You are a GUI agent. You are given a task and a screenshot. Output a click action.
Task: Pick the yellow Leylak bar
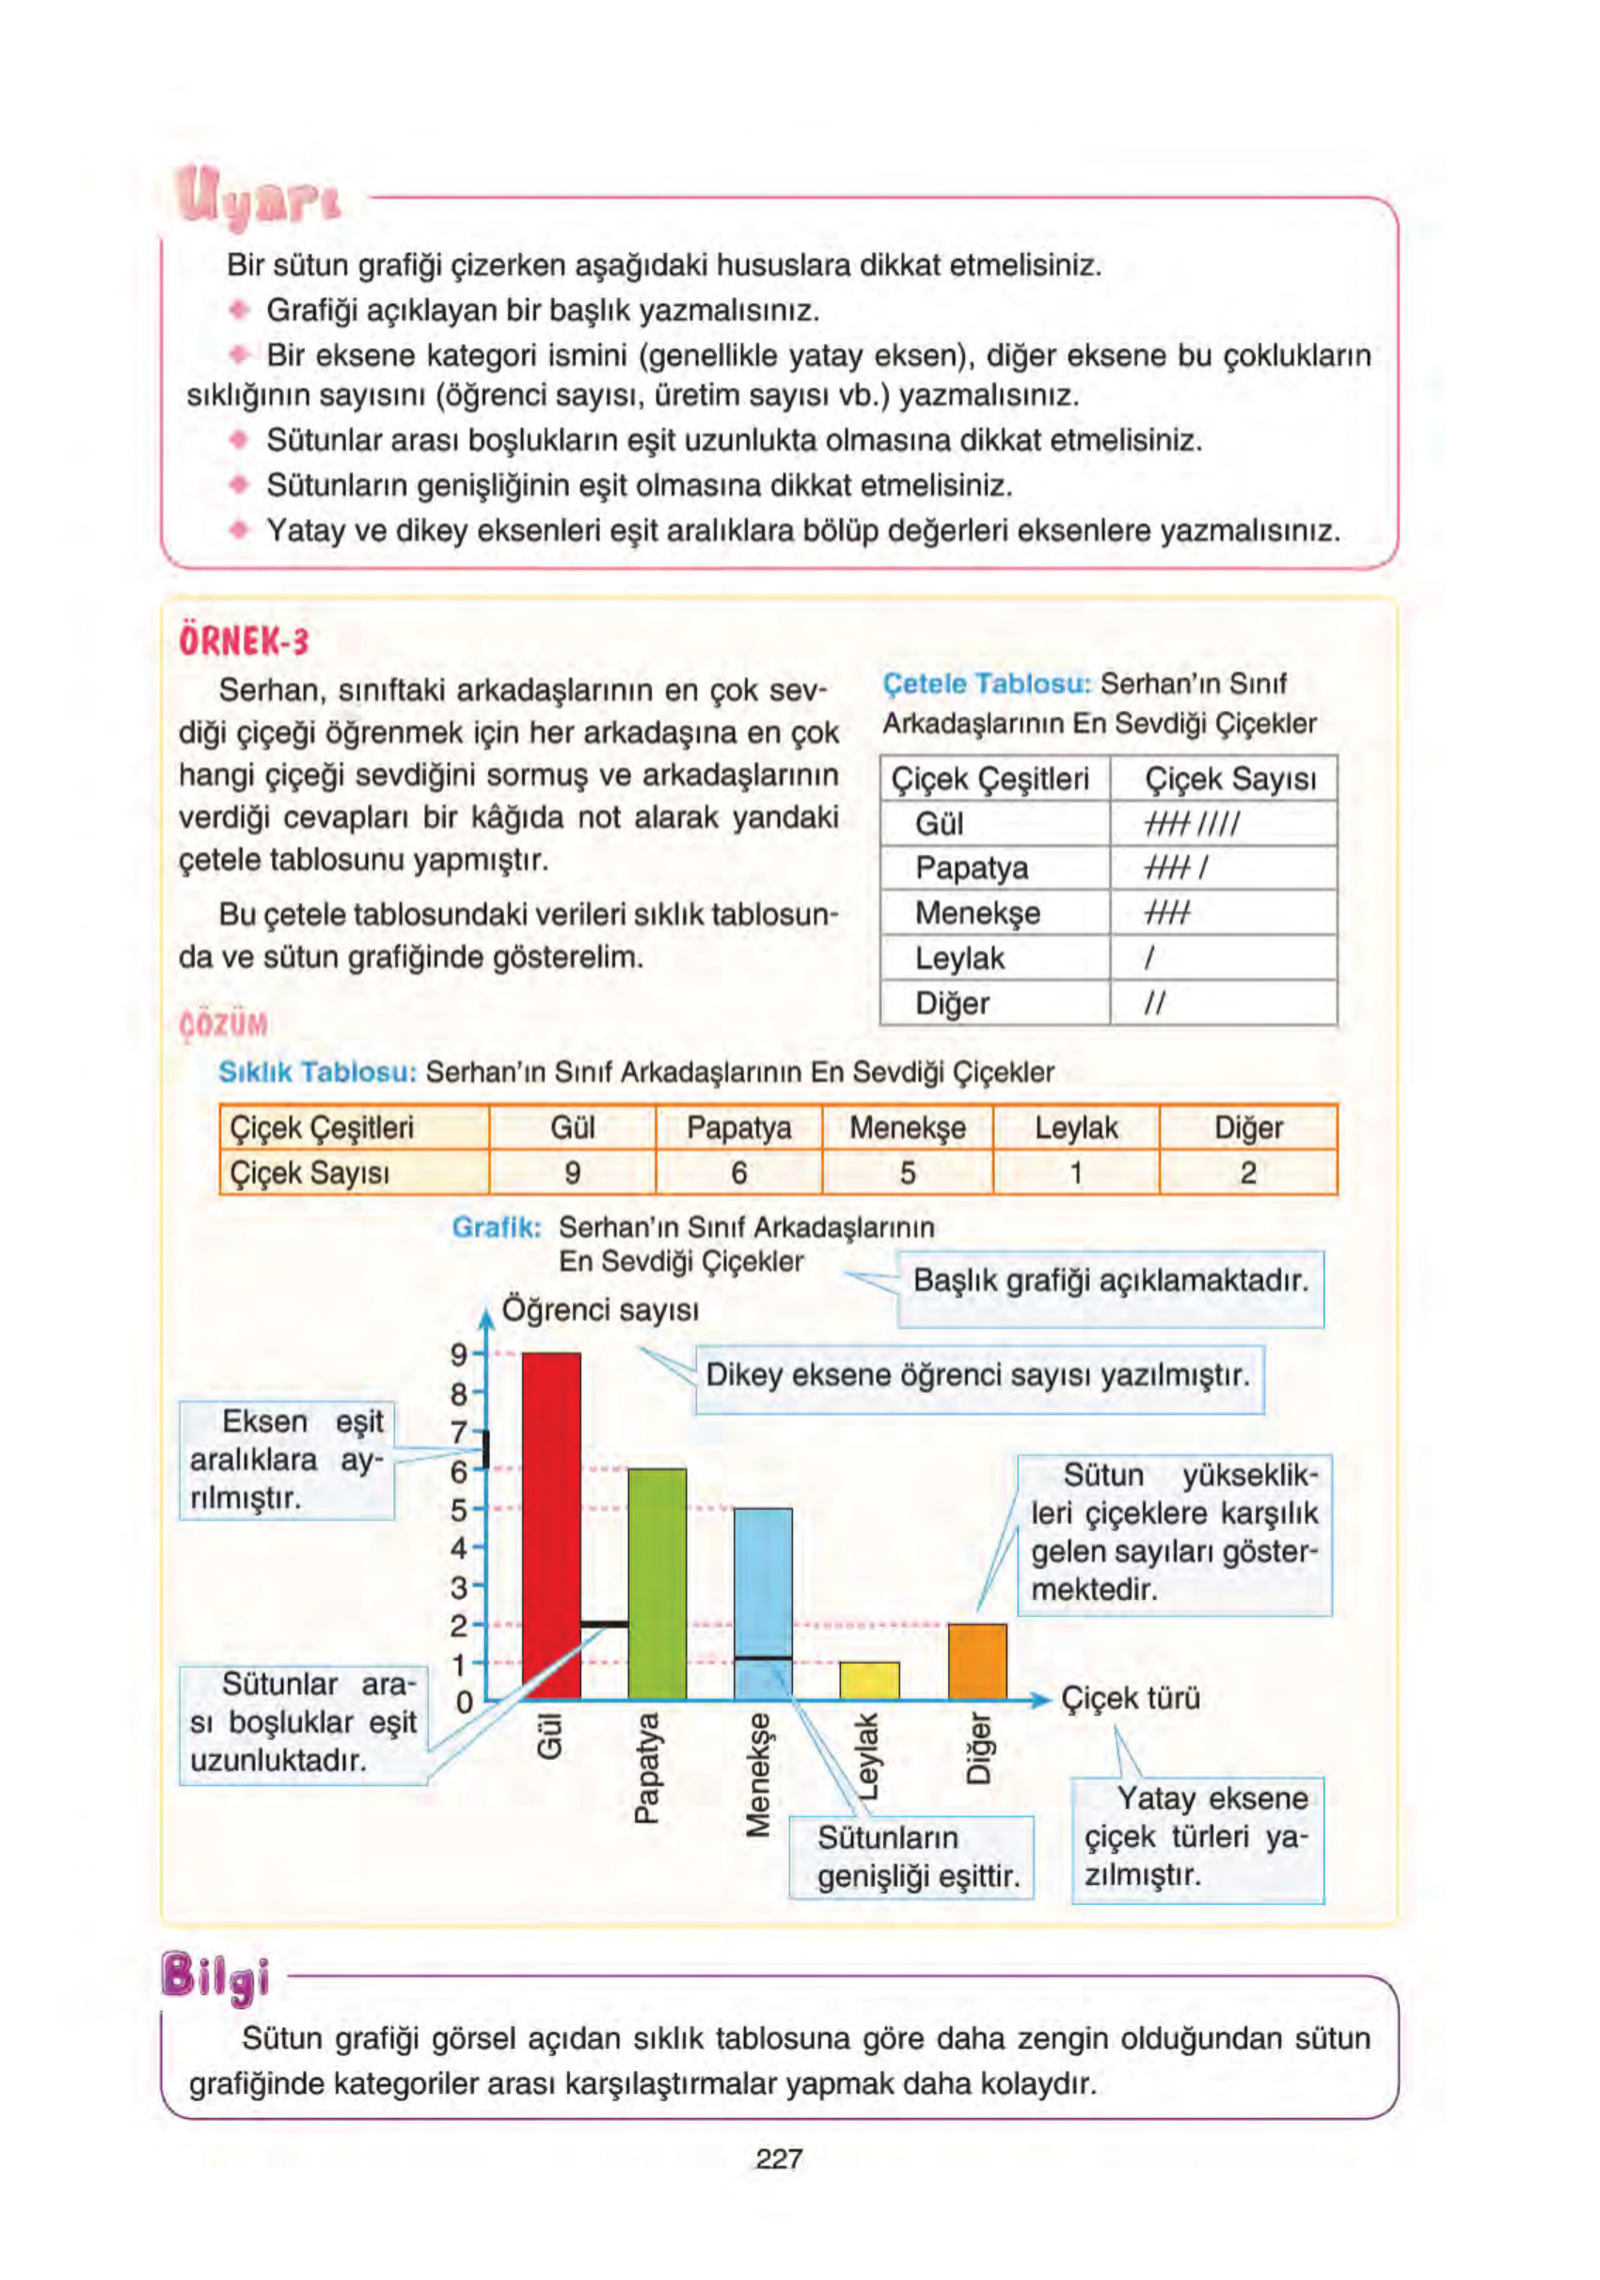click(869, 1680)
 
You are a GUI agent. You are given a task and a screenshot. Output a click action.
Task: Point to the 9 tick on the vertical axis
click(459, 1354)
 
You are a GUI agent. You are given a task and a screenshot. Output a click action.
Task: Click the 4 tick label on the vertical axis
click(459, 1548)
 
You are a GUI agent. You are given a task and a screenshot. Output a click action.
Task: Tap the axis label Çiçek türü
click(1131, 1697)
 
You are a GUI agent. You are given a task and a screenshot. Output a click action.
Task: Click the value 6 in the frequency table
click(738, 1173)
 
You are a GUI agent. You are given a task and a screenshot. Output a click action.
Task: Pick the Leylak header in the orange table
click(1076, 1128)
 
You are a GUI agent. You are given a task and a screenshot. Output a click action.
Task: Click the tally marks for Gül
click(1191, 823)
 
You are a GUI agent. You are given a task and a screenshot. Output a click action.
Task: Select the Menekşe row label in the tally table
click(977, 912)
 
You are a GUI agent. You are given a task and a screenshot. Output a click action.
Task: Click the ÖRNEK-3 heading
click(245, 641)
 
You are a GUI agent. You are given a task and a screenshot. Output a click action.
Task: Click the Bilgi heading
click(214, 1976)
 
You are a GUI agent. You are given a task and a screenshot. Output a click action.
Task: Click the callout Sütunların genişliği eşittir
click(911, 1857)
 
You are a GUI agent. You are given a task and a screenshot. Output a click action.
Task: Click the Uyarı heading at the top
click(257, 197)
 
